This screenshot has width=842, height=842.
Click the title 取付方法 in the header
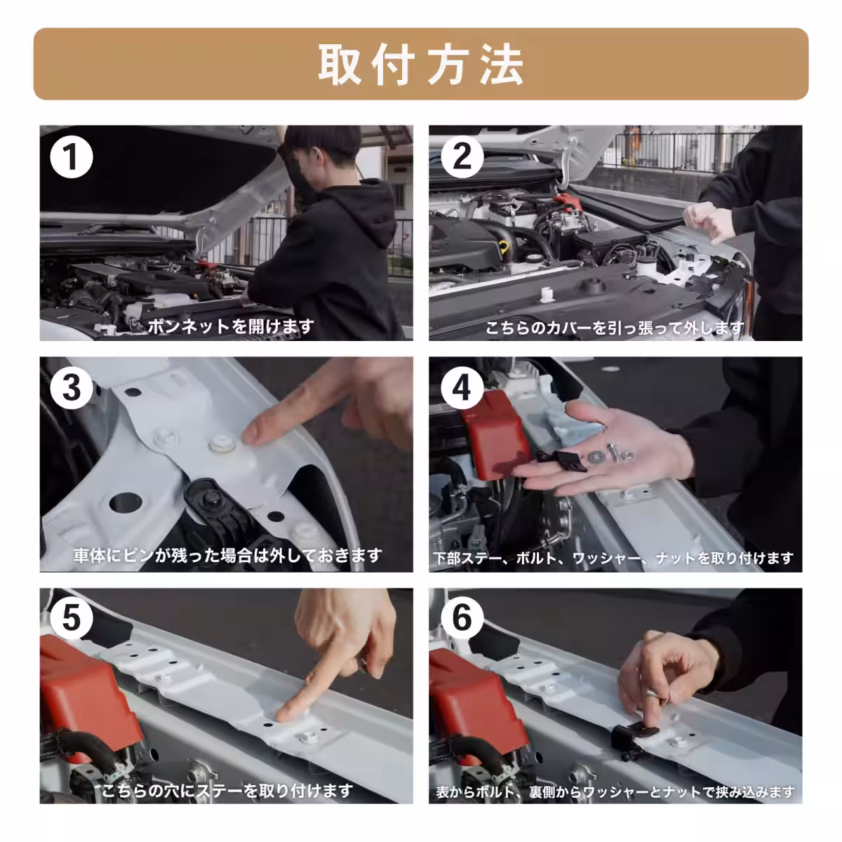click(x=421, y=65)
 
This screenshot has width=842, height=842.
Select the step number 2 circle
click(x=462, y=156)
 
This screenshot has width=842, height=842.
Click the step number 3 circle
click(x=71, y=387)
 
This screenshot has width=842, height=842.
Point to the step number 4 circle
click(x=462, y=387)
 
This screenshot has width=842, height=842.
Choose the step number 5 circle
click(x=71, y=618)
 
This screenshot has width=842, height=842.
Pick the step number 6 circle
click(x=462, y=618)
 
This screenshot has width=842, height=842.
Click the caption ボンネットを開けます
click(x=230, y=326)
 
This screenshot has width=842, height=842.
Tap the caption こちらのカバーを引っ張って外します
click(x=615, y=328)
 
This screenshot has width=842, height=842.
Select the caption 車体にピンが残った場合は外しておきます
click(x=228, y=556)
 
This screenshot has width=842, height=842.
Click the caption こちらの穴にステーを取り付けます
click(x=227, y=791)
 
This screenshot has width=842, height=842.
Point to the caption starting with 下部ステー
click(x=613, y=559)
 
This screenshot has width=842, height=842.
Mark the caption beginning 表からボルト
click(x=615, y=792)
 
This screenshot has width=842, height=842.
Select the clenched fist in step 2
click(x=709, y=222)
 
